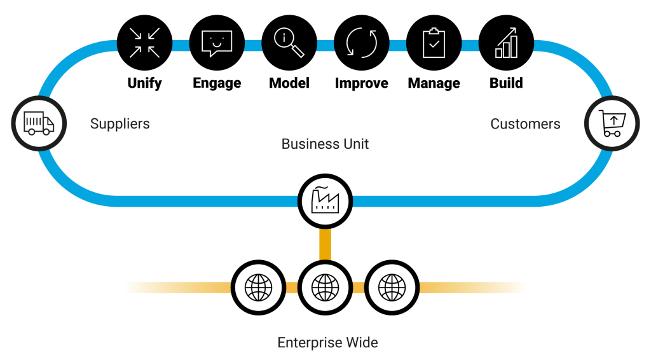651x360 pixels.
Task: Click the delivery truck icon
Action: pos(39,123)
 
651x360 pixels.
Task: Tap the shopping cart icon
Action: pos(612,123)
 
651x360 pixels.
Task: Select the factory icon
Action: pos(325,200)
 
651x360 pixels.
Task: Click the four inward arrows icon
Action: pos(144,43)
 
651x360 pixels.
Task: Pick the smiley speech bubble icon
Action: pos(217,43)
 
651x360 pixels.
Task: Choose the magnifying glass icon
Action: pos(289,43)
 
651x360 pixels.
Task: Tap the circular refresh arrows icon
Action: pos(362,43)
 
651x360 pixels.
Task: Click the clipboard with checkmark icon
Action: pos(434,43)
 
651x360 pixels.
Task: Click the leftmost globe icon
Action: pos(258,287)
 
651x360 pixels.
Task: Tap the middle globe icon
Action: pos(325,287)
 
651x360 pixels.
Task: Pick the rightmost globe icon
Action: pos(392,287)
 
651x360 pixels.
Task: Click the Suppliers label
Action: pos(120,123)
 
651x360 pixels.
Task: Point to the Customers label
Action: pos(525,124)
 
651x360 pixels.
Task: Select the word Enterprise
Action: pos(310,343)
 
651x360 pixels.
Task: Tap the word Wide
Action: pos(362,343)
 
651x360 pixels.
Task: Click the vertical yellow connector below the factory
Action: pos(325,245)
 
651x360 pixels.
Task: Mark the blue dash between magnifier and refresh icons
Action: pos(325,45)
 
